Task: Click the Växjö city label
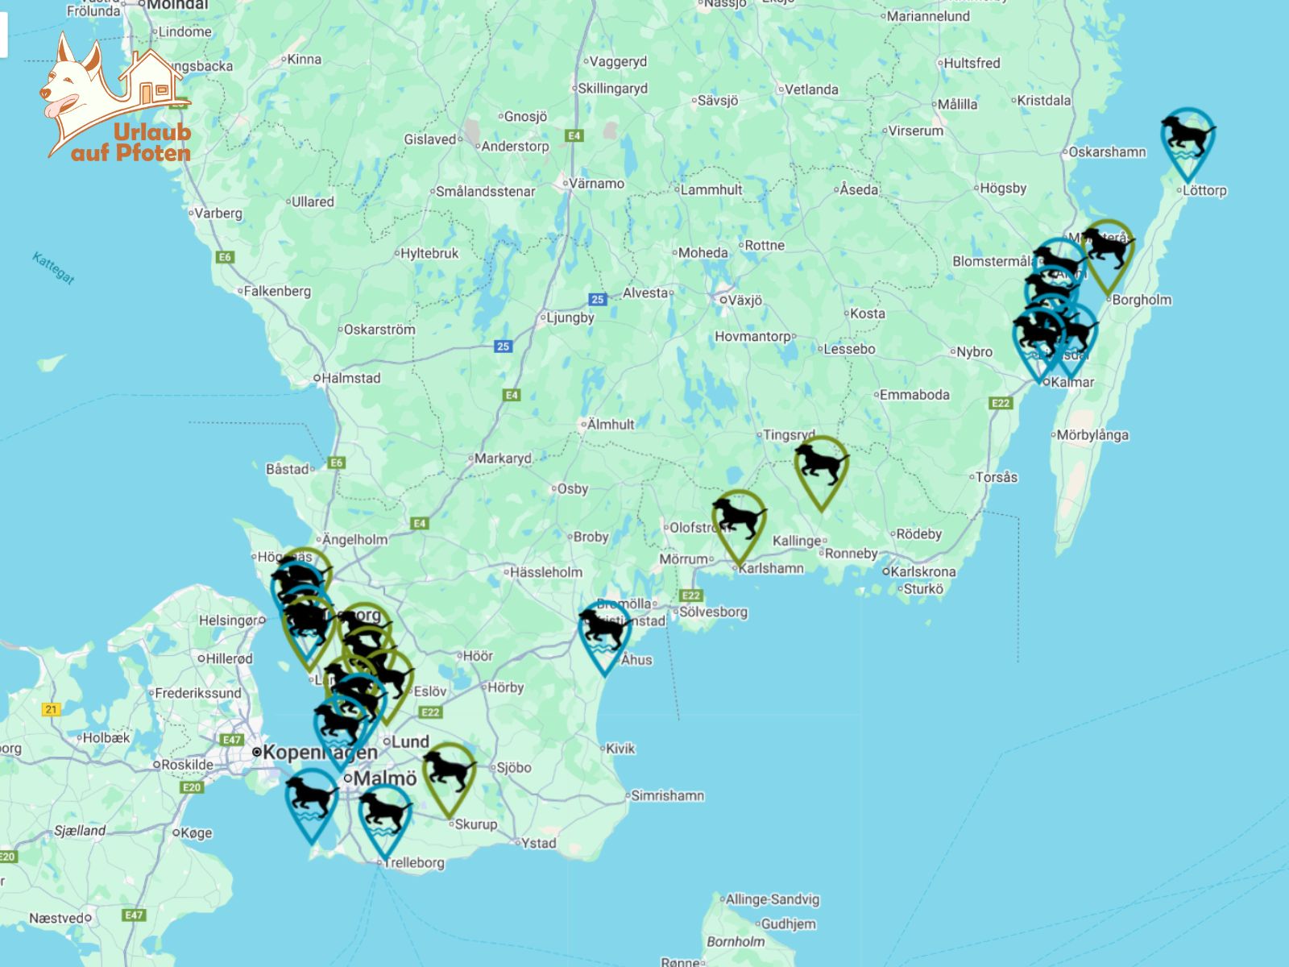744,301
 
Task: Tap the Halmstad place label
350,378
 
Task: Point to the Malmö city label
384,778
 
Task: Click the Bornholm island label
735,941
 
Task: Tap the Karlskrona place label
922,571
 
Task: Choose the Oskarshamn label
1106,151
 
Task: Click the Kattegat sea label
53,268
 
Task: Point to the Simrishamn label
666,795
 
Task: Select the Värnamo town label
595,184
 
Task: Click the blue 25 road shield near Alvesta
597,300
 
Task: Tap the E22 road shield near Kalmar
1000,403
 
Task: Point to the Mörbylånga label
1092,435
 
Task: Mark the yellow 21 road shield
51,710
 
